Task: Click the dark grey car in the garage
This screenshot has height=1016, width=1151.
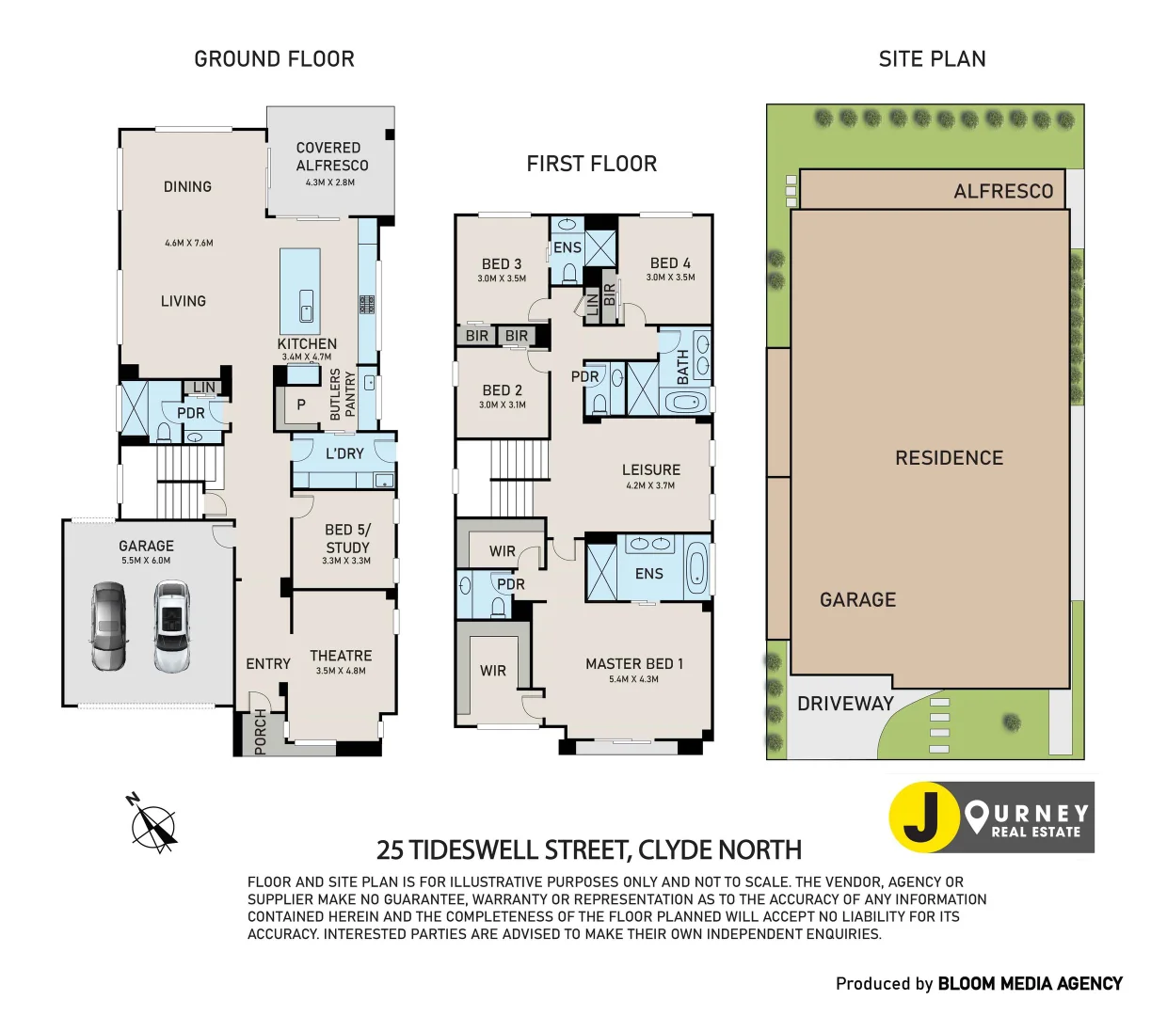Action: coord(108,627)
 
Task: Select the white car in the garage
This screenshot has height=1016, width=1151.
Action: coord(172,627)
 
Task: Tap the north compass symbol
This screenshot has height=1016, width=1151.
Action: coord(152,825)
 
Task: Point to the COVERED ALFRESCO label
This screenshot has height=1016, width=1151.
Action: coord(331,156)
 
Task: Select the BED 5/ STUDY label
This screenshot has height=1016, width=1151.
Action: coord(347,538)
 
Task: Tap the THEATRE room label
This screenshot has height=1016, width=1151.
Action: coord(341,656)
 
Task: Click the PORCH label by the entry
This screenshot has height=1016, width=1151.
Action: coord(261,732)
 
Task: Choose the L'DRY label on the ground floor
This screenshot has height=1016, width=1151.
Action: coord(344,453)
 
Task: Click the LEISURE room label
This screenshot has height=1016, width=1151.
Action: coord(650,469)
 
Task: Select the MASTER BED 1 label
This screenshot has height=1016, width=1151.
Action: coord(634,663)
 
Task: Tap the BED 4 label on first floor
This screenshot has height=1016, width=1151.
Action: coord(670,263)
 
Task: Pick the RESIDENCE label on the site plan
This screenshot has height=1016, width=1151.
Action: coord(949,458)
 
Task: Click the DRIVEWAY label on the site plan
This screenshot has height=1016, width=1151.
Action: coord(845,704)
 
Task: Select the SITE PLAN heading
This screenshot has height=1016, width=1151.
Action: coord(932,59)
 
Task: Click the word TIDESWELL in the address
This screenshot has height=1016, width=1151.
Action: coord(520,850)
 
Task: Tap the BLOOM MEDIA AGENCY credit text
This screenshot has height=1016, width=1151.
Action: coord(1030,983)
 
